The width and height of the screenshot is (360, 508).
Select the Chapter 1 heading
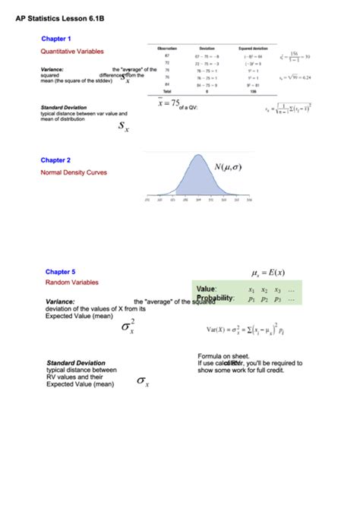56,38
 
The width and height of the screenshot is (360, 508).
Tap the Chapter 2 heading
55,160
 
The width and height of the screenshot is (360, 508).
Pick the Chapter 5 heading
60,271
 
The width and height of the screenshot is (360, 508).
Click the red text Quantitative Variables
72,51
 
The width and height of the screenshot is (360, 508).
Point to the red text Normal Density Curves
74,172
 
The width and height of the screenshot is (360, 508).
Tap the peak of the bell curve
197,157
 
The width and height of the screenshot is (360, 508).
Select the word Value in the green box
207,289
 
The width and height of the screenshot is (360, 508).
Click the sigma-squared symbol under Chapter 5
128,327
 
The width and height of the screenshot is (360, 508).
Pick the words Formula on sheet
223,355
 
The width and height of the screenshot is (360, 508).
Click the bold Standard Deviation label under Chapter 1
63,108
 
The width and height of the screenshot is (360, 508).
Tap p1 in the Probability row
251,299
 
